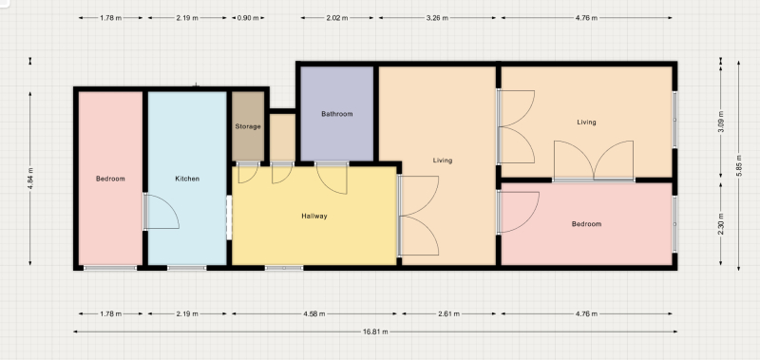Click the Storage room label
click(x=248, y=126)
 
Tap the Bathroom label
click(x=337, y=114)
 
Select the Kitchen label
click(x=187, y=179)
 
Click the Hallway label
click(x=314, y=217)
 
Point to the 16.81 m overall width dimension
click(x=375, y=332)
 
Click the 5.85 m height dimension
click(x=739, y=165)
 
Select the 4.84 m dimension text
click(x=30, y=179)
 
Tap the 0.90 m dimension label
click(x=248, y=18)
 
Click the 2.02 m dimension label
click(x=337, y=18)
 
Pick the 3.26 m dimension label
click(x=437, y=18)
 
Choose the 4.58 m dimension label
click(x=314, y=314)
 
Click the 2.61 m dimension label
click(x=448, y=314)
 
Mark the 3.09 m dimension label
click(x=721, y=123)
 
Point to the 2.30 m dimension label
click(x=721, y=224)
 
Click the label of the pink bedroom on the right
click(x=586, y=224)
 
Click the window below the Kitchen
click(x=187, y=268)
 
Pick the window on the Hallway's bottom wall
click(x=284, y=268)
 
